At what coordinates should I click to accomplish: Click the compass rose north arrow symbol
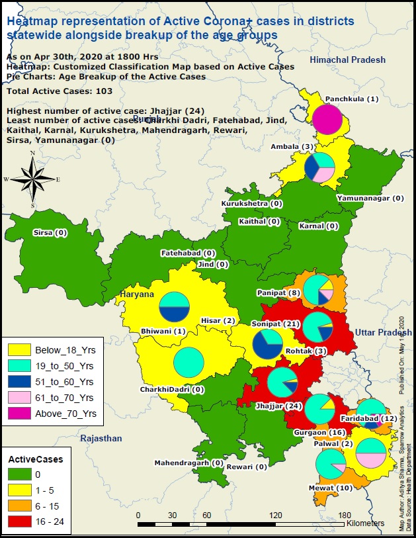point(32,178)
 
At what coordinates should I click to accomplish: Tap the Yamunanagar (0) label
point(370,197)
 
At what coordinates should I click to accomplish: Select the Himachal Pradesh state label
point(349,60)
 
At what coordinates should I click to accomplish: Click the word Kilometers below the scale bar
point(364,523)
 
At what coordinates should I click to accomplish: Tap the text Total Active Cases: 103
point(60,91)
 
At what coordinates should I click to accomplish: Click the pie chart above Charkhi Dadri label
point(188,361)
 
